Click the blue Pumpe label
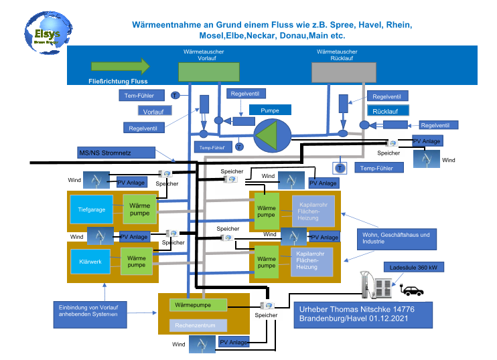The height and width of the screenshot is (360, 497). (x=270, y=110)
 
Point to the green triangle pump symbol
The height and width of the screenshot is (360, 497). (x=272, y=134)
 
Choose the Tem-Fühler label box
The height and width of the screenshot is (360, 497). (x=139, y=96)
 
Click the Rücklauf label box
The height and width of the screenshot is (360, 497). (x=386, y=110)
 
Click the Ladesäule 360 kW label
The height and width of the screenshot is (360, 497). (x=413, y=268)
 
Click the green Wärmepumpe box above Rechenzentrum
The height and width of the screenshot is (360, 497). (x=198, y=305)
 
